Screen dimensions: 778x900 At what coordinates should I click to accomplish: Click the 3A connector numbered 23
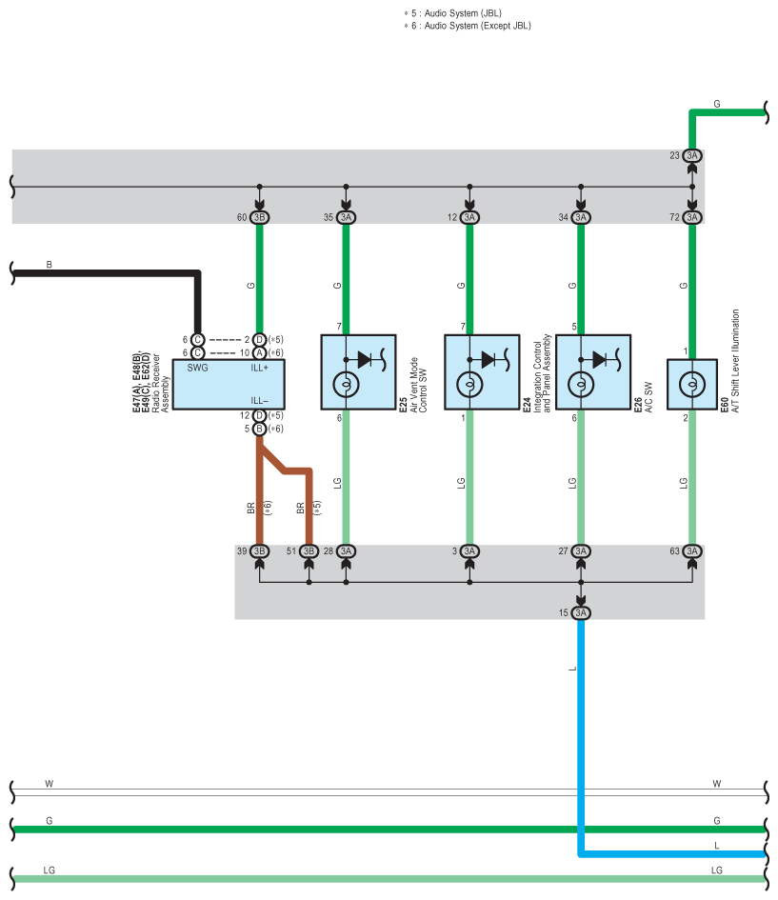[692, 155]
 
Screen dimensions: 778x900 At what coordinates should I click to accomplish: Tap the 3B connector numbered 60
[259, 217]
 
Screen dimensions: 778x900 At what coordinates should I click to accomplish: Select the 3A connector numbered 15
[581, 613]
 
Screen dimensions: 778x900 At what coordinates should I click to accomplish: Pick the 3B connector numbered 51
[309, 551]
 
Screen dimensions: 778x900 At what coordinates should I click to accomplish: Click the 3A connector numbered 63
[692, 551]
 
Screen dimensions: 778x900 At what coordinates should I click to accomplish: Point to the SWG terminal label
[197, 368]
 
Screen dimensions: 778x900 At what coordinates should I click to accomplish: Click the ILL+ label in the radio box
[259, 368]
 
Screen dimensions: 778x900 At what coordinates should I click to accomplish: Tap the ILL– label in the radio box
[259, 401]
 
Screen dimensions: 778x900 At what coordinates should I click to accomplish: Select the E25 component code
[403, 405]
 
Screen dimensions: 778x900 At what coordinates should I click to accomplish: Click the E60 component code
[724, 405]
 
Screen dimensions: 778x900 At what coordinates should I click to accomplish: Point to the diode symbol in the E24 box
[489, 360]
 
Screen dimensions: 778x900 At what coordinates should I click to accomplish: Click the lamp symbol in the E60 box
[692, 384]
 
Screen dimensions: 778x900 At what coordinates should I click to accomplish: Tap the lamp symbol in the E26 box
[581, 384]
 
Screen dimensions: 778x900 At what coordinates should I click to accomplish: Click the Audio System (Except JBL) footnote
[469, 26]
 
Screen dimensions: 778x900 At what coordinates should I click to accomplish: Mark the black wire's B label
[49, 265]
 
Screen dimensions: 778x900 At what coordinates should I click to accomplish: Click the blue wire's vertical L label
[572, 669]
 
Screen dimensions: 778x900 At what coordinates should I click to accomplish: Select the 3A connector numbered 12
[469, 217]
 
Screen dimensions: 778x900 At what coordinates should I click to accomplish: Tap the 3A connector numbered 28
[346, 551]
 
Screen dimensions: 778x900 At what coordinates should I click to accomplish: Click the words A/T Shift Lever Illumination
[735, 360]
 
